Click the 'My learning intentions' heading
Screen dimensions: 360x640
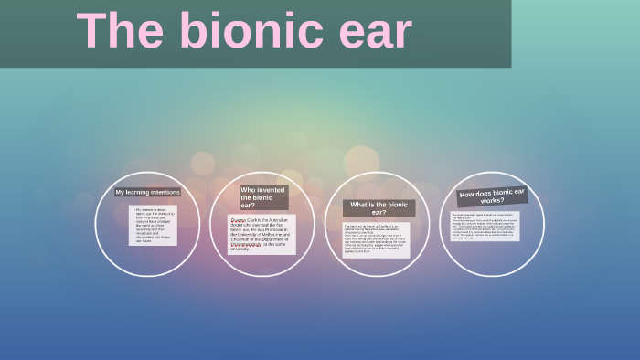pos(147,193)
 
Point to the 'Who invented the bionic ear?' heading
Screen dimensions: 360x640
pos(263,197)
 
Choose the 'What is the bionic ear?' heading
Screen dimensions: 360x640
pos(379,208)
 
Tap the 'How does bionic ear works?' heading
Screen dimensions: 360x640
pos(493,196)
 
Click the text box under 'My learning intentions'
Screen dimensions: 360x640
pos(153,225)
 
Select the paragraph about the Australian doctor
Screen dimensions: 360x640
pos(261,234)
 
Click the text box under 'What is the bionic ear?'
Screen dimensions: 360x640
pos(376,239)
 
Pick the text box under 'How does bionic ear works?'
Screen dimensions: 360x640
pos(485,226)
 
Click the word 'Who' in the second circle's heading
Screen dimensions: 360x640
pos(248,190)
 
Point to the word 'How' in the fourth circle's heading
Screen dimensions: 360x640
pos(467,195)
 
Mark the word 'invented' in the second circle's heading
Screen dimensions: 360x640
pos(272,190)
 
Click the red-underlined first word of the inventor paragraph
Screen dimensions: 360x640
pos(238,220)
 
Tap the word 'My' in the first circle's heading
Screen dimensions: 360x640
pos(120,193)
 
